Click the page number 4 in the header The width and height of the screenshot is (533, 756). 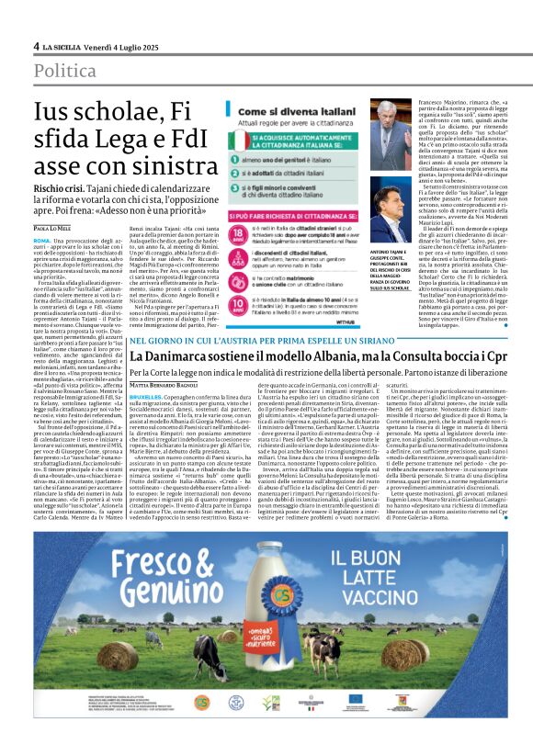(x=37, y=46)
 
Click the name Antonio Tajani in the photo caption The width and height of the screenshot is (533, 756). (x=389, y=230)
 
